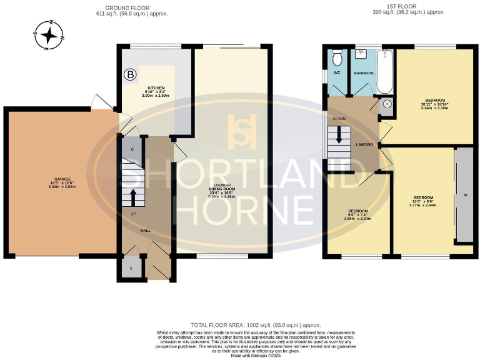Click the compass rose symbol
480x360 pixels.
pos(48,35)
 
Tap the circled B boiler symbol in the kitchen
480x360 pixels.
pos(130,75)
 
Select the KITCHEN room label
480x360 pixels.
pos(156,91)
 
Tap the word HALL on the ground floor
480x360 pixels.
pos(145,231)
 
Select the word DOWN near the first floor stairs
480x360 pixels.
pos(339,118)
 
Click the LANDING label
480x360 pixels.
pos(364,145)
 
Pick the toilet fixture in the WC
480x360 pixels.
pos(337,58)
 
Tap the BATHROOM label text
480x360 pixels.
pos(364,73)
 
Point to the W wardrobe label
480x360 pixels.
pos(465,195)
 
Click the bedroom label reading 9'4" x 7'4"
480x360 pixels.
pos(358,214)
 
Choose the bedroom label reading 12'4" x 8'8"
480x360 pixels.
pos(422,201)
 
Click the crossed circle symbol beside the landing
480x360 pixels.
pos(386,104)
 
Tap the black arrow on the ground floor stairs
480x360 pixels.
pos(132,197)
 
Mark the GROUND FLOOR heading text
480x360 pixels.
pos(122,7)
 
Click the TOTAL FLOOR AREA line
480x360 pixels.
pos(256,326)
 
